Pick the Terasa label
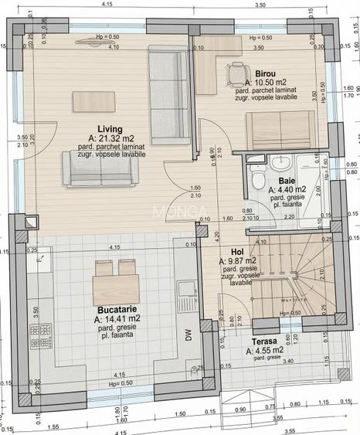coord(264,341)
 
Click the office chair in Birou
coord(236,74)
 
